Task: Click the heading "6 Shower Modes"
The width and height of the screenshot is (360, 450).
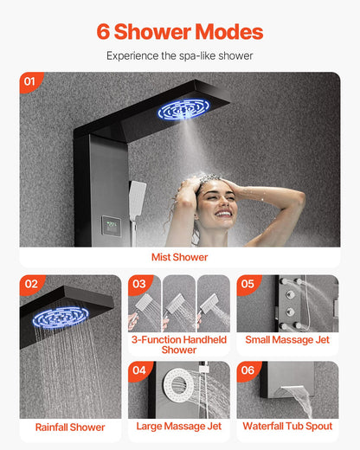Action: click(x=180, y=32)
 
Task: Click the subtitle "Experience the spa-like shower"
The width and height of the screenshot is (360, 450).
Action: click(x=180, y=55)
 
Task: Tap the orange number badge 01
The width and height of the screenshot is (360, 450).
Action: click(x=31, y=82)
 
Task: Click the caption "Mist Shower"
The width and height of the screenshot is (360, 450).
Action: click(x=180, y=257)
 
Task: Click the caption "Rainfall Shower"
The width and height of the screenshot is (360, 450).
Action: click(x=70, y=427)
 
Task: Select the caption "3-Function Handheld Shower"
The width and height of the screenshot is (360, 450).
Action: click(x=179, y=344)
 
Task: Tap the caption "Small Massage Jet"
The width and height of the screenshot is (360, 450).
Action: click(x=287, y=340)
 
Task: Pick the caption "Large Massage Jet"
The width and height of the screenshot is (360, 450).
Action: click(x=179, y=426)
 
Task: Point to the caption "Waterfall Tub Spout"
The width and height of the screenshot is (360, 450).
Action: click(x=287, y=426)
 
